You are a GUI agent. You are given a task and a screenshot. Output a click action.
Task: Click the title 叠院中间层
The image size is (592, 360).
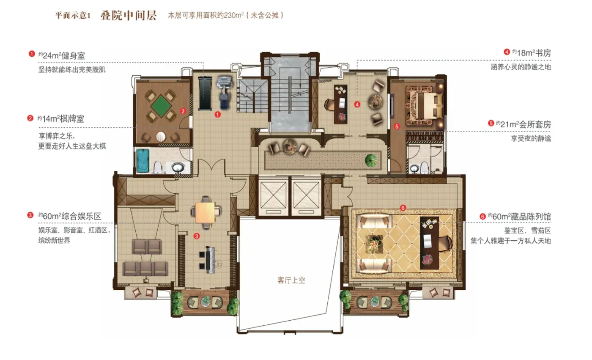(x=129, y=16)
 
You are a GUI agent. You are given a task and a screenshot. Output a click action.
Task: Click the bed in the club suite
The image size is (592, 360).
(x=425, y=103)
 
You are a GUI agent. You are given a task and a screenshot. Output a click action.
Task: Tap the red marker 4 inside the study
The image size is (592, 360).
(x=357, y=104)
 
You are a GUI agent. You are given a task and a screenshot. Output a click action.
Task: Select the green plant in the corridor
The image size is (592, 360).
(x=371, y=160)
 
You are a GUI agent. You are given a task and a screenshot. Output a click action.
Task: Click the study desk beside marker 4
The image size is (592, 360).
(x=340, y=104)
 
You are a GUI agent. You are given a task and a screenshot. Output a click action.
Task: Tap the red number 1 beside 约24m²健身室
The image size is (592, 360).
(x=31, y=54)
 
